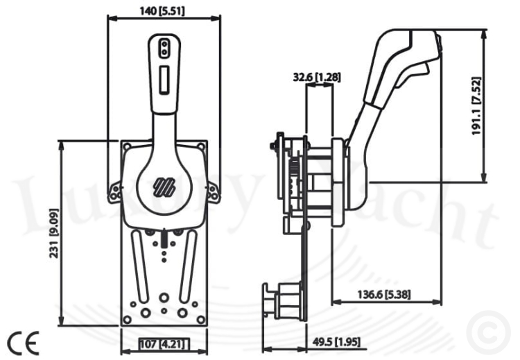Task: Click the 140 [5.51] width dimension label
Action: (162, 11)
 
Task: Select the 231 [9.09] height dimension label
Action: (54, 233)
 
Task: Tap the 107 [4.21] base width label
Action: (164, 344)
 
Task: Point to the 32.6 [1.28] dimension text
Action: (317, 77)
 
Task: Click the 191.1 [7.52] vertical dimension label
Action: (476, 106)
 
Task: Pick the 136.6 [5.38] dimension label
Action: (384, 294)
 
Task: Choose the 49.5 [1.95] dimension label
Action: (336, 342)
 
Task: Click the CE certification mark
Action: (23, 343)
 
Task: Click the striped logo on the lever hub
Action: (164, 187)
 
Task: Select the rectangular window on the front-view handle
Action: (164, 80)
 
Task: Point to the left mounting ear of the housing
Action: (114, 192)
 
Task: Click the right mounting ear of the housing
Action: (214, 192)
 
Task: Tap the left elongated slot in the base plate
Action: (139, 266)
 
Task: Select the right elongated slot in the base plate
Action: (188, 266)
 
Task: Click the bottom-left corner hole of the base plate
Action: (127, 320)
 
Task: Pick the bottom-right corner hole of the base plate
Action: (200, 320)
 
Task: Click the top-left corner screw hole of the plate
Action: (127, 146)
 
